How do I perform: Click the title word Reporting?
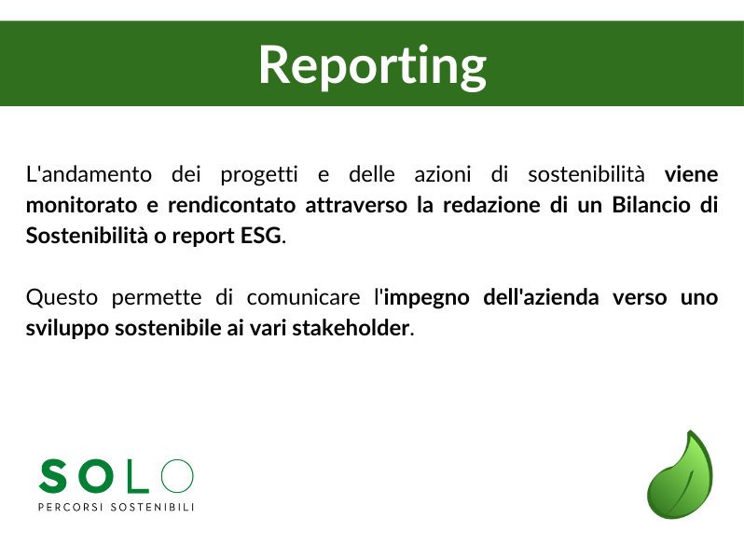373,65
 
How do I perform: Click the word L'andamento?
89,174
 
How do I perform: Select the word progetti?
259,175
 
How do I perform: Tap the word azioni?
443,174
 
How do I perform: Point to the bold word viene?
692,174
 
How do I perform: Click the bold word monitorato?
82,205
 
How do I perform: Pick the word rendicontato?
231,205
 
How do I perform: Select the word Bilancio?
651,205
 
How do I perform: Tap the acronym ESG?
261,236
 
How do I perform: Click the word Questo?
62,298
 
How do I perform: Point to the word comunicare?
303,298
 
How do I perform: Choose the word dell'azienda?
541,297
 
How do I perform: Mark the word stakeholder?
351,328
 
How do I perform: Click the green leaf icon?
680,475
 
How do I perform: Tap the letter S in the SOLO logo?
52,476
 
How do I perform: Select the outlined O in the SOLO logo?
177,476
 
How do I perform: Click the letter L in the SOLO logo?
137,476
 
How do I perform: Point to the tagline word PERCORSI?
71,507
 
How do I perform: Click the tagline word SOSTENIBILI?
152,507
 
